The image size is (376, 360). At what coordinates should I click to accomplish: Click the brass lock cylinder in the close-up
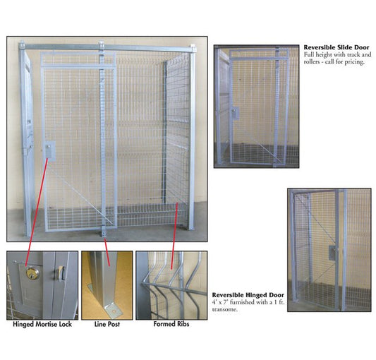[32, 274]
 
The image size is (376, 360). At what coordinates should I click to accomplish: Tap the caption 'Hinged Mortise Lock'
[42, 324]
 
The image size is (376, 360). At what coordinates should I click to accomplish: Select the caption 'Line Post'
[107, 324]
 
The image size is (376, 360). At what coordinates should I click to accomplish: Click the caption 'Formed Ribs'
[171, 324]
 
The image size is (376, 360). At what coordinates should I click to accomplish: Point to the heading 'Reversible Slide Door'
[336, 47]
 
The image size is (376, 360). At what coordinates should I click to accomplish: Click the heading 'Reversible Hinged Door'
[248, 295]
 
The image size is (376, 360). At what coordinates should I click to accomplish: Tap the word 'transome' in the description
[225, 309]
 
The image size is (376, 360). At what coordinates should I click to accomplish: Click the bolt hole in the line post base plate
[114, 311]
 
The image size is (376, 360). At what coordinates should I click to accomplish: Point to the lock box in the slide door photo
[235, 113]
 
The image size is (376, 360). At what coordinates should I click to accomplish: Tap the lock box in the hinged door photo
[332, 253]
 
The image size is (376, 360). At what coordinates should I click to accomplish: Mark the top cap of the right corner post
[193, 47]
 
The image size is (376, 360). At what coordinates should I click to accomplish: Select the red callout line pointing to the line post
[107, 252]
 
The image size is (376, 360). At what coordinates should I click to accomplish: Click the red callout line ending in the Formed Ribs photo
[174, 236]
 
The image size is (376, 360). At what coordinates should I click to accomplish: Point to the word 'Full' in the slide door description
[308, 55]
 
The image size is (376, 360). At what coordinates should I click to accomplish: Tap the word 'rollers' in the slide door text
[312, 62]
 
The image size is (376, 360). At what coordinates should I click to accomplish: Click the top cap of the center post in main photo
[101, 44]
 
